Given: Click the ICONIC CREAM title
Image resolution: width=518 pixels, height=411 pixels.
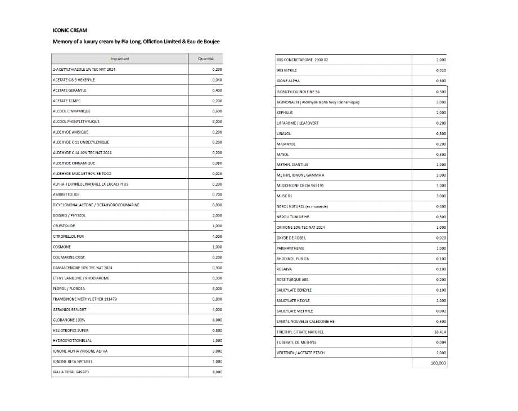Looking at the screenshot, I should [x=70, y=30].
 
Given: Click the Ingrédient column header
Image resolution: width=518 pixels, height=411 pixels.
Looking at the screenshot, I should [x=119, y=58].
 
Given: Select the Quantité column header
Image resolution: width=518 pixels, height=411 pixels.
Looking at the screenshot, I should [x=206, y=58].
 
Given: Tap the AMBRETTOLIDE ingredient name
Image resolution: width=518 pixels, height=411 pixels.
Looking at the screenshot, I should [x=66, y=195].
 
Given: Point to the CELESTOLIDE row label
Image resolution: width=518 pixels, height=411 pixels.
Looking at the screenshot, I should [x=64, y=225].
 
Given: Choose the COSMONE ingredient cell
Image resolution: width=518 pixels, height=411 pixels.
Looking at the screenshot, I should [x=61, y=247].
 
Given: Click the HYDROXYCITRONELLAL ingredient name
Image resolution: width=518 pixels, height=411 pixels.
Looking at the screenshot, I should [x=71, y=341].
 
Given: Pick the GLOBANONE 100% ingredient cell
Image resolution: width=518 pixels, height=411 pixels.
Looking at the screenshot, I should [x=69, y=320].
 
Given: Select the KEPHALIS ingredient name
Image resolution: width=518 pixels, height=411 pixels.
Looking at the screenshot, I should [x=285, y=112].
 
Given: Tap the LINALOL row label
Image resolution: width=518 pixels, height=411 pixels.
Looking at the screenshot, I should [x=283, y=133].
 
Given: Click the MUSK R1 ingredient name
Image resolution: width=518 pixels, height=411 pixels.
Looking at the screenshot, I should [x=284, y=196].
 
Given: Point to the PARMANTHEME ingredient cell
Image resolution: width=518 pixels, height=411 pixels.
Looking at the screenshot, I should [x=290, y=248].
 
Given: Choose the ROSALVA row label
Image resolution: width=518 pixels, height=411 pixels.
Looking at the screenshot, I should [x=285, y=269].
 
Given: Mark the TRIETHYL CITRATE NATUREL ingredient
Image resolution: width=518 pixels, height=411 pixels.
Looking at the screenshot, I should [x=300, y=332].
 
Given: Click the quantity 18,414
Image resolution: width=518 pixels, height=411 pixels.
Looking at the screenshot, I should [x=440, y=332].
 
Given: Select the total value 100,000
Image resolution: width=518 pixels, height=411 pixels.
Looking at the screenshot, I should [x=438, y=363].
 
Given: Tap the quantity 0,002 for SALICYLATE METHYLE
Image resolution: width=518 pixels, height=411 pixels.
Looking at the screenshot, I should [x=442, y=311].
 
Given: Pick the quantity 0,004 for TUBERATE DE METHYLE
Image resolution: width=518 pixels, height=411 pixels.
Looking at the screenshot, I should [x=442, y=342].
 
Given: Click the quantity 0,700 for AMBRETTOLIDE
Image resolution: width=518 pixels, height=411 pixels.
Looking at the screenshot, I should [x=217, y=195].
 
